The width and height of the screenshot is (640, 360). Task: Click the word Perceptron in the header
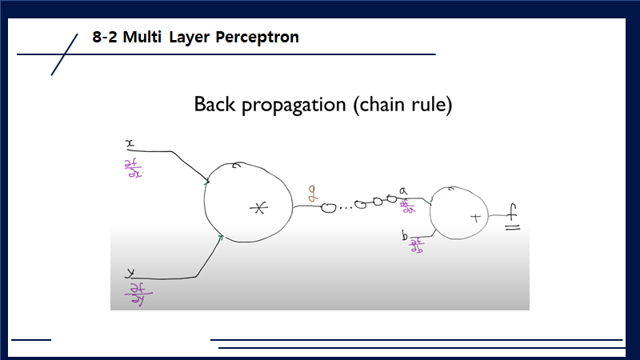[258, 38]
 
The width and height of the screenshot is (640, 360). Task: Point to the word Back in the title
[215, 105]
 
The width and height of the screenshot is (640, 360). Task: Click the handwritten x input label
[130, 143]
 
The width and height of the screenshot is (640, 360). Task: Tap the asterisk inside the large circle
[258, 209]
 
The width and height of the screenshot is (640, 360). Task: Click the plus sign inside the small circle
[474, 217]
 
